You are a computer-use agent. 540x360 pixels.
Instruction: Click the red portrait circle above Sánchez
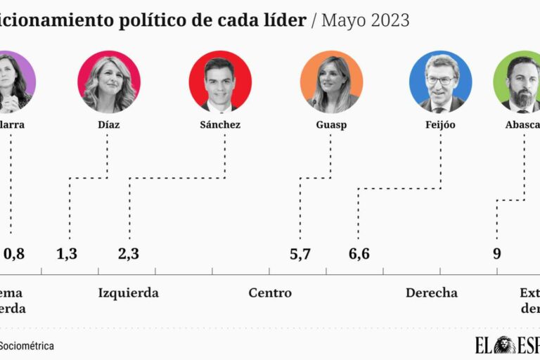220,82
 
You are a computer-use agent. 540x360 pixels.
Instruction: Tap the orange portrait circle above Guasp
331,82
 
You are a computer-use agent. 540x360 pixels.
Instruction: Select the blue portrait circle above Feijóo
440,82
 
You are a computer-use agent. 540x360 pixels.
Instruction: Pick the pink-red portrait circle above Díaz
108,82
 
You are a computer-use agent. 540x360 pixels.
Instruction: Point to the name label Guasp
331,124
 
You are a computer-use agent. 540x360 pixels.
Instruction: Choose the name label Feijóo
440,124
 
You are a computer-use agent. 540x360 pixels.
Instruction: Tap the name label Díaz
108,124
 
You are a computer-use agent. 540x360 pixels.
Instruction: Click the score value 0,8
14,254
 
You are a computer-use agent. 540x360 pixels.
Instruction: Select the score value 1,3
67,254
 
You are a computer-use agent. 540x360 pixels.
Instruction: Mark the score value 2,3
129,254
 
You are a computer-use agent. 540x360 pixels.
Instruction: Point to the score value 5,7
300,254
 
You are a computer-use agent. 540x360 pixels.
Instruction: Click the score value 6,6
359,254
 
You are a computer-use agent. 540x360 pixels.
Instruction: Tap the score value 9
496,254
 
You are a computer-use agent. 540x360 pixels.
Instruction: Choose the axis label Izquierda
128,293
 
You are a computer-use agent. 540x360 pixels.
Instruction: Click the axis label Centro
270,293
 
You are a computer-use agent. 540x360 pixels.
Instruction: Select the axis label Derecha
431,293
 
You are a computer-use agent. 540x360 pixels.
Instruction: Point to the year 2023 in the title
386,20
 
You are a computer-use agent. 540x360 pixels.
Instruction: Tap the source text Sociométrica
27,346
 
